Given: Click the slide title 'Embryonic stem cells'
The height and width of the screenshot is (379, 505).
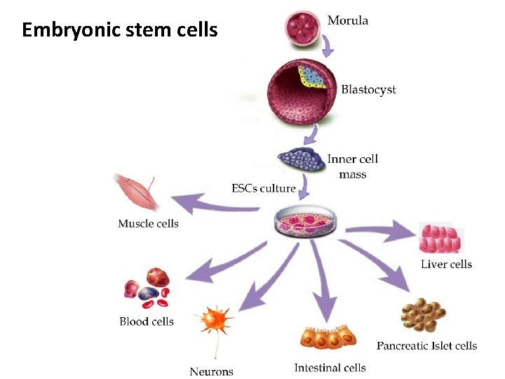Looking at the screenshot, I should point(120,31).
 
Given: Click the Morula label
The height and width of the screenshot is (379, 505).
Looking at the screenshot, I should point(347,20).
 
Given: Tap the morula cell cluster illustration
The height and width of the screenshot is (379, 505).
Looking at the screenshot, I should point(303,27).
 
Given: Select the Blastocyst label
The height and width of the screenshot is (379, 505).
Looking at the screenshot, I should point(368,90).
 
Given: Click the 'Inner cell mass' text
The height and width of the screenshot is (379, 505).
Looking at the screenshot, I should point(352,166).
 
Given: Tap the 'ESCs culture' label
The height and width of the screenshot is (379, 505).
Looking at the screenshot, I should point(263,188).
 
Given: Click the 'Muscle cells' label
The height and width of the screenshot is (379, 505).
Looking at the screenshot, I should point(148,224).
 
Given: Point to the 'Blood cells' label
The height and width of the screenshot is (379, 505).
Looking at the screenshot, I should point(146,321).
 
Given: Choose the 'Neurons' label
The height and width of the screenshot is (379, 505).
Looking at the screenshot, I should point(211,371).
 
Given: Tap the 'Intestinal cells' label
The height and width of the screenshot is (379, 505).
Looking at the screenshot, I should point(330,368).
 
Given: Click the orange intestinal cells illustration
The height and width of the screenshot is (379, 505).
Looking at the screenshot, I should point(327,338).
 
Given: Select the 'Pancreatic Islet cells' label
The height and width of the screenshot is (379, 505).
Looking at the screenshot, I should point(426,345).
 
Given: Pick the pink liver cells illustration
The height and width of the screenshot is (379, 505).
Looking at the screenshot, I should point(440,238).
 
